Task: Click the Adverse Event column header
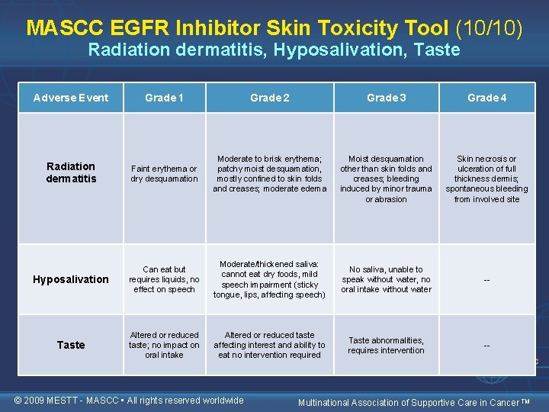(71, 98)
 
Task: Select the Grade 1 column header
(164, 98)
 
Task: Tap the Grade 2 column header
(269, 98)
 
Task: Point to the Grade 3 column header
(386, 98)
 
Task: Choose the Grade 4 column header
(486, 98)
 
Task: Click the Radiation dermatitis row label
(71, 172)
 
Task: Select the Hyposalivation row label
(71, 279)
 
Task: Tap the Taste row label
(71, 345)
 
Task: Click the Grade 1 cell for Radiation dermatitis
(164, 174)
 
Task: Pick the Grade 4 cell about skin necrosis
(486, 179)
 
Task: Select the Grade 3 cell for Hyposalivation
(386, 279)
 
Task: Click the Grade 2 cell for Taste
(269, 345)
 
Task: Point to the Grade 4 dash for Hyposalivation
(486, 280)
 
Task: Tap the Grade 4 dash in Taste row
(486, 346)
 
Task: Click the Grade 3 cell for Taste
(386, 346)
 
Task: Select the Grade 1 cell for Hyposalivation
(164, 279)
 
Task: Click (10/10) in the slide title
(489, 28)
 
